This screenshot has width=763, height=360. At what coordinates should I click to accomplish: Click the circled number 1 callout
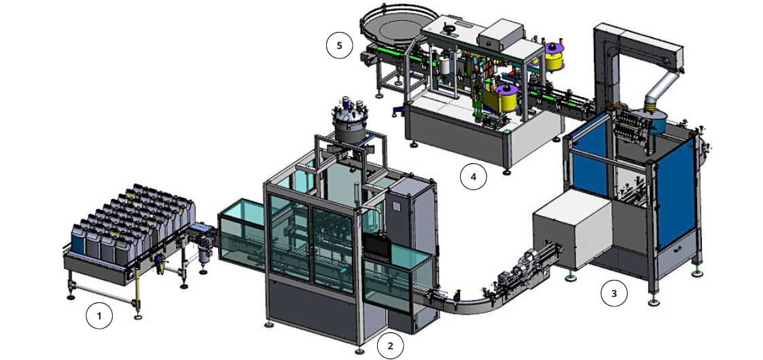(x=99, y=316)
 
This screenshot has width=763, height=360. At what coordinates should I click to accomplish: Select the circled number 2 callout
(x=390, y=346)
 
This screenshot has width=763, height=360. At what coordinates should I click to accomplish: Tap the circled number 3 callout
(x=614, y=293)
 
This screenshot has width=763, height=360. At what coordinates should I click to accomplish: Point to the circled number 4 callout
(x=474, y=177)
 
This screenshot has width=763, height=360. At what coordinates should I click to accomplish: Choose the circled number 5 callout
(x=339, y=46)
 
